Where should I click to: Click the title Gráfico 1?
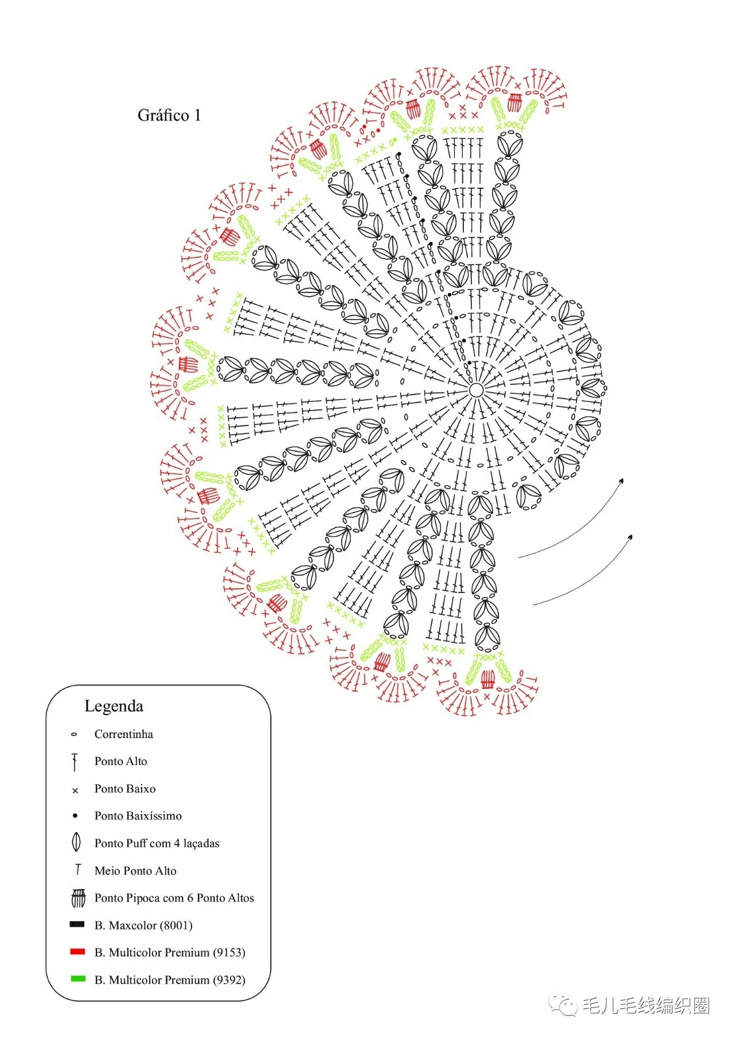(169, 115)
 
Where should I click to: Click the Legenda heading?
(114, 706)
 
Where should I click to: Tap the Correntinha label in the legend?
(124, 734)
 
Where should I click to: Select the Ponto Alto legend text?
(121, 761)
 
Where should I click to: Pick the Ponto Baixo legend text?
(125, 789)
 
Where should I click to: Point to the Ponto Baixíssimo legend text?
(138, 815)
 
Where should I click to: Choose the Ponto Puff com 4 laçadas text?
(157, 843)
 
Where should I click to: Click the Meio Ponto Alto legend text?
(135, 871)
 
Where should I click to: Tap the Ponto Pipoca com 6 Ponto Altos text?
(174, 898)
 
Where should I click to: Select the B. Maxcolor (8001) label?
(143, 925)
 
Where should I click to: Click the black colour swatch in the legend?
(77, 924)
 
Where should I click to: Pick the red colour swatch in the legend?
(77, 951)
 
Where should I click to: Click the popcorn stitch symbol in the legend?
(78, 898)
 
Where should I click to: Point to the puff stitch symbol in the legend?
(76, 842)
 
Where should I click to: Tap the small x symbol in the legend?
(75, 791)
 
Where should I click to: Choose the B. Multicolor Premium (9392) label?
(170, 980)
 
